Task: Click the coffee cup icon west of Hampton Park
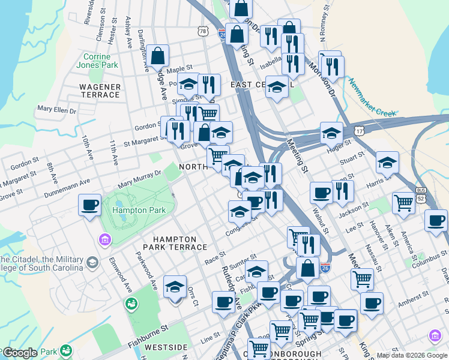[90, 205]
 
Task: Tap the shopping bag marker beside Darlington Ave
[157, 56]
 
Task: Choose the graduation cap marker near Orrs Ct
[175, 287]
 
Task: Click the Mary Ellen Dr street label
[57, 110]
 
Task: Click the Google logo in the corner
[20, 353]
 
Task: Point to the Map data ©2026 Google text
[412, 355]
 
